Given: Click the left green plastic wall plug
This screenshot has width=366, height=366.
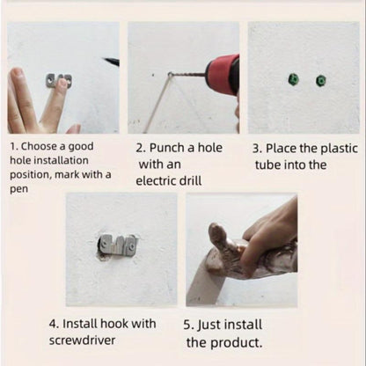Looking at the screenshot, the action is (x=293, y=79).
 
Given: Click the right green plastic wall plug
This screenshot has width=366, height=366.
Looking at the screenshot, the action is (x=321, y=81).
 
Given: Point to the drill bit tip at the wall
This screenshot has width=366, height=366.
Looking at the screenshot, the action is (x=170, y=74).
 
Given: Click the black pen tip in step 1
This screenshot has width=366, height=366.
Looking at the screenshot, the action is (x=111, y=62).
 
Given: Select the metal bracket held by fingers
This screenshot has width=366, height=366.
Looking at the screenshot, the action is (x=59, y=81).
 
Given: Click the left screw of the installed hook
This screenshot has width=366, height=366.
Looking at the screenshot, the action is (x=105, y=243).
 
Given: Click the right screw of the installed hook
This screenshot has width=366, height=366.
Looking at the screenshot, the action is (x=134, y=243).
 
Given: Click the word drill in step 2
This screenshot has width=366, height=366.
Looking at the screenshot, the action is (x=190, y=180).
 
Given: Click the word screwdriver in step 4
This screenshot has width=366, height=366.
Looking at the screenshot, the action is (x=82, y=340).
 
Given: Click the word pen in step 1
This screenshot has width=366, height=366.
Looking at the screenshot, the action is (x=19, y=189).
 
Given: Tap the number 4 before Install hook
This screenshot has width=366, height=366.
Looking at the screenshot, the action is (x=53, y=324).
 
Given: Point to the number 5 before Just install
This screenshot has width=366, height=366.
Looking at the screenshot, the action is (x=187, y=325).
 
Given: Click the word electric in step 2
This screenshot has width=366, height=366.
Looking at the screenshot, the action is (x=156, y=180).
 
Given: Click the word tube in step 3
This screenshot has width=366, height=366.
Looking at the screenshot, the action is (x=268, y=165).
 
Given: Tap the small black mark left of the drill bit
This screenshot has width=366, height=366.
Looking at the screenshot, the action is (x=153, y=75).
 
